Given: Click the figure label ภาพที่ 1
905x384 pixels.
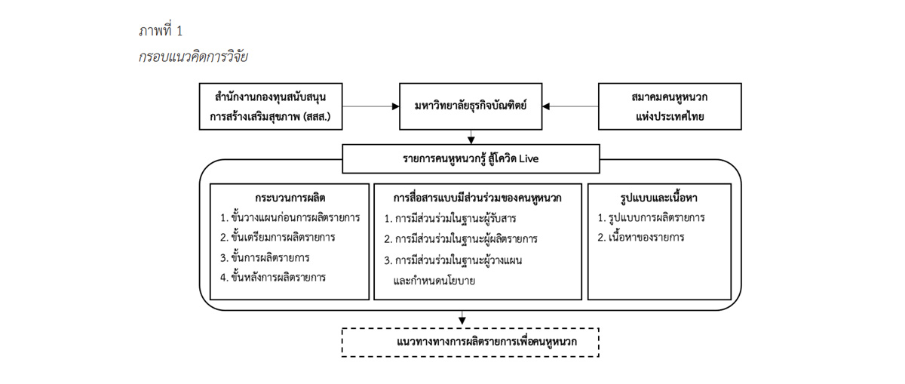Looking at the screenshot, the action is coord(161,30).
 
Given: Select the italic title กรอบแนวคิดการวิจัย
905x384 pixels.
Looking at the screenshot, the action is coord(193,57).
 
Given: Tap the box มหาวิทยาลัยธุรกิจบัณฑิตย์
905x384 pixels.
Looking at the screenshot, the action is coord(471,106).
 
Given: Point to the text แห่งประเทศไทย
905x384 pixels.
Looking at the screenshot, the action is coord(670,117).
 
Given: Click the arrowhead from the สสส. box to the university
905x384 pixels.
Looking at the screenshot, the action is coord(395,106).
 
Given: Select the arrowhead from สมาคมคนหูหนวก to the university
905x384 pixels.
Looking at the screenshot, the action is coord(546,106).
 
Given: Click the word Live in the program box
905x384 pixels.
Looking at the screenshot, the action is coord(529,158).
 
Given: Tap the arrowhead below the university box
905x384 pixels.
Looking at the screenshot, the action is coord(471,140).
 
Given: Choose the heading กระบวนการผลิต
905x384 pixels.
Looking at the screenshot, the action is coord(290,198).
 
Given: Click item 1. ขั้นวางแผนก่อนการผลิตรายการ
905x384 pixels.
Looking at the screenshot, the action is coord(290,217).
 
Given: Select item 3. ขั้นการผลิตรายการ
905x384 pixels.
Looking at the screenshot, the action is coord(265,257).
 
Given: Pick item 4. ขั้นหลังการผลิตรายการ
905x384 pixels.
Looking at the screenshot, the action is coord(273,278).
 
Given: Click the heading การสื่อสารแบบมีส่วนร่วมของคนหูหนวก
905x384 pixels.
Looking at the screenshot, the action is coord(477,198).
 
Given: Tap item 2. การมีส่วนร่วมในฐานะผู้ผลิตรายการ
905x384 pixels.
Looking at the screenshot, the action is coord(461,239).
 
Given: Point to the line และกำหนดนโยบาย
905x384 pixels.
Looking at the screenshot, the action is coord(434,281).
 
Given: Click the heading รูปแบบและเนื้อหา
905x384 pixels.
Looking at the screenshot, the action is coord(658,198).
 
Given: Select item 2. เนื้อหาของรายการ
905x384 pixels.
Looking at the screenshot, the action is coord(641,238).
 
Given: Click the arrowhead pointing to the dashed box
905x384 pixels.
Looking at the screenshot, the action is coord(462,320).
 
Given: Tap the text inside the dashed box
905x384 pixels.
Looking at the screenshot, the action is coord(486,342).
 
